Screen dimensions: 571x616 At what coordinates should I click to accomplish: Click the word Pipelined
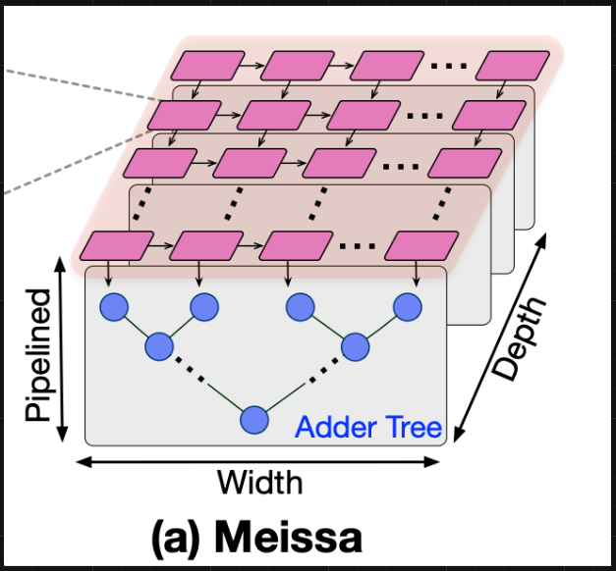(x=37, y=355)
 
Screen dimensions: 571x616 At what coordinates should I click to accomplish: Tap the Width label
(x=259, y=483)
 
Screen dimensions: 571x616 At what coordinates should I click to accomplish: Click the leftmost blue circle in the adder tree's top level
(x=114, y=308)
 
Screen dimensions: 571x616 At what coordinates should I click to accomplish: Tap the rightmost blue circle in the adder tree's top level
(x=407, y=308)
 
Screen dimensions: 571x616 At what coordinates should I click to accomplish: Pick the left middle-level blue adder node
(x=158, y=346)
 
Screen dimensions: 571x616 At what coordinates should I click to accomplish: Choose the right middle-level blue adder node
(x=355, y=346)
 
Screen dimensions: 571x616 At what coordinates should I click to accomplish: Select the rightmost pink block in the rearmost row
(x=513, y=66)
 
